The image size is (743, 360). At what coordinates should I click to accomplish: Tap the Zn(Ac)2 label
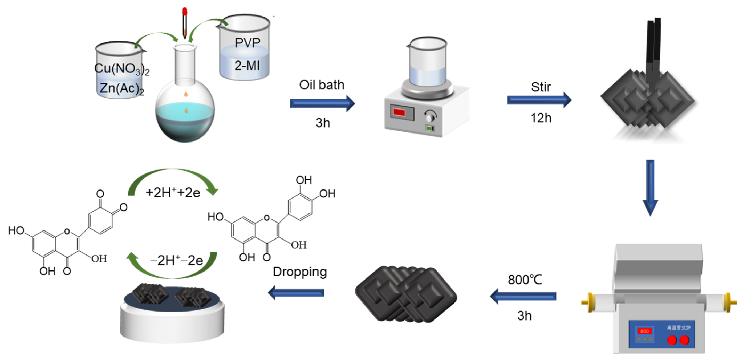point(121,88)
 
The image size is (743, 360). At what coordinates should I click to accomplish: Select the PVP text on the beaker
point(247,43)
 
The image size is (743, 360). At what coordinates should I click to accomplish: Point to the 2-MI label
point(247,66)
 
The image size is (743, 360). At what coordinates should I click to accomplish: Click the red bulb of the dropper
point(185,11)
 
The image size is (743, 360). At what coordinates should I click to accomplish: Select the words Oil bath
point(322,85)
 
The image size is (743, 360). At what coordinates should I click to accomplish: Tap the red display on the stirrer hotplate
point(399,112)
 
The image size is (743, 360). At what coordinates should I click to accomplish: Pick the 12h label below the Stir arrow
point(541,118)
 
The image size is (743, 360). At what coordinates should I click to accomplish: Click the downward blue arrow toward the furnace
point(650,188)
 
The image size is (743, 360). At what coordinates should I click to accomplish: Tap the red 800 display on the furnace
point(644,331)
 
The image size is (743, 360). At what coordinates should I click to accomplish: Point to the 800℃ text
point(525,280)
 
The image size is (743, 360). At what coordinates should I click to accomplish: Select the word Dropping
point(300,272)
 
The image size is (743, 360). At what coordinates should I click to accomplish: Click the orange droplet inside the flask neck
point(186,94)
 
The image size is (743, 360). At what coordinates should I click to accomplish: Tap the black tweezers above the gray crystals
point(653,49)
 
